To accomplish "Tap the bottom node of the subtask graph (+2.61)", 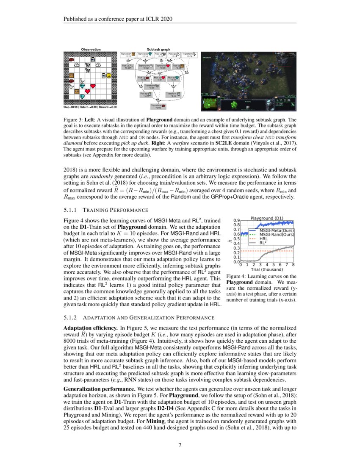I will click(x=158, y=106).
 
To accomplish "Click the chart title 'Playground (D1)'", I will click(x=267, y=218).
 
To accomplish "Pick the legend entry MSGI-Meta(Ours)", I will click(x=277, y=230).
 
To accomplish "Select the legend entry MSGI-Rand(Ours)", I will click(x=277, y=234).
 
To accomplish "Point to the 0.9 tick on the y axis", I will click(x=237, y=220).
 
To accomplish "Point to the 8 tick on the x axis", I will click(x=294, y=265).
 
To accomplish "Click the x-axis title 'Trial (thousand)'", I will click(x=267, y=269).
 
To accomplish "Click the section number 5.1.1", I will click(x=70, y=210).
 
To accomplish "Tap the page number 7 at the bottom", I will click(x=180, y=445).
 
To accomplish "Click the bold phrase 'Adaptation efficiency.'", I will click(x=91, y=328).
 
